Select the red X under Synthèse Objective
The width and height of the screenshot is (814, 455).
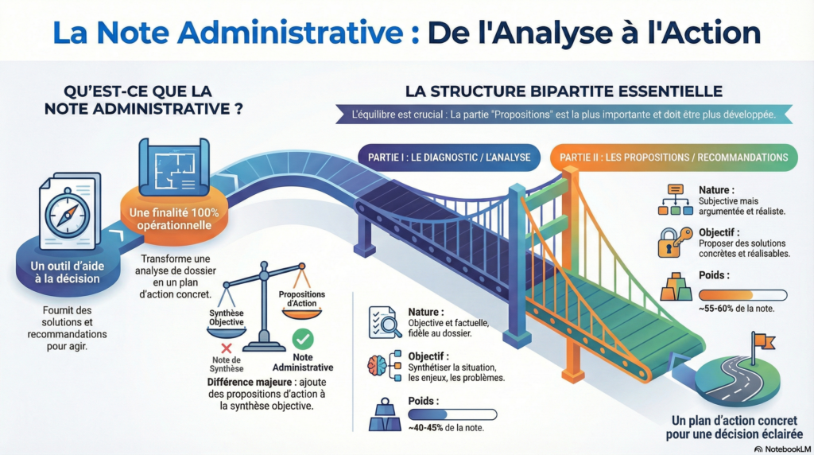(226, 348)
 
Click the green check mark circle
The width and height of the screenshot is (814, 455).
(302, 339)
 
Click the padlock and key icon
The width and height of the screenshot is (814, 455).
(671, 242)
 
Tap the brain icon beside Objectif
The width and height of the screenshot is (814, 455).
(379, 366)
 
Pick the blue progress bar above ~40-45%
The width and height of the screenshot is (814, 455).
(452, 414)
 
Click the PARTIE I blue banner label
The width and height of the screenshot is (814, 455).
(449, 157)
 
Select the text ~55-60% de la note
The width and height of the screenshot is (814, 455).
(737, 308)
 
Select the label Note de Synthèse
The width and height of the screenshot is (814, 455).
(227, 364)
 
